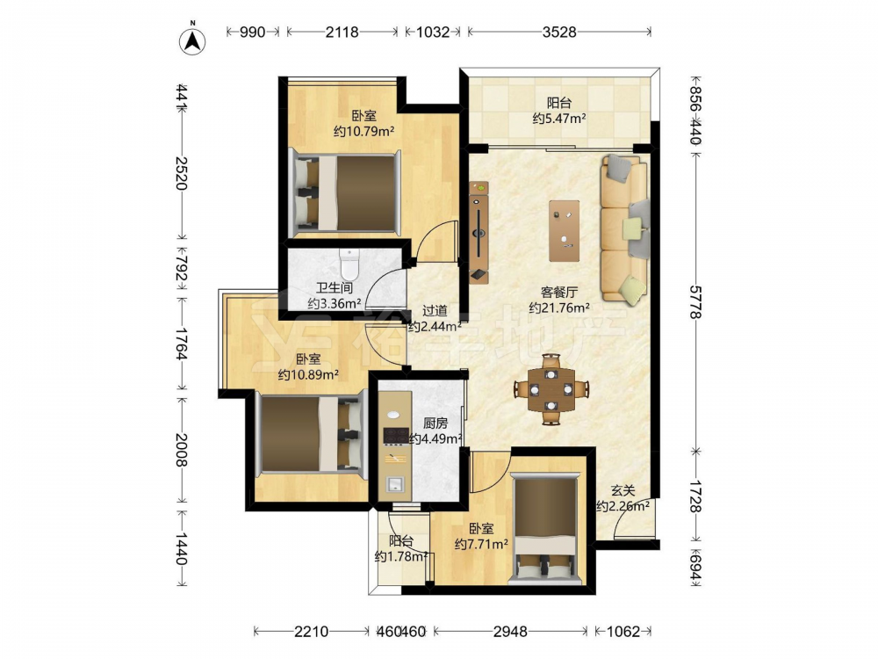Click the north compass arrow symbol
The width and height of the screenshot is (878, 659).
tap(192, 41)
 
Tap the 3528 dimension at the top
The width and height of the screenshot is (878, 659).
tap(558, 32)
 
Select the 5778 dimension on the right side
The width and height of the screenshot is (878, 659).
tap(694, 302)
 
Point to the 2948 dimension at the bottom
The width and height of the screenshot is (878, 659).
tap(510, 632)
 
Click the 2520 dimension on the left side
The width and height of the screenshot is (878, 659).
tap(181, 172)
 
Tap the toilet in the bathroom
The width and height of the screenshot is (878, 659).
tap(349, 264)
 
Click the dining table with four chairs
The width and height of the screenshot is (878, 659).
tap(551, 389)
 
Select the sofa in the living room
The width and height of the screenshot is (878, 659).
tap(625, 228)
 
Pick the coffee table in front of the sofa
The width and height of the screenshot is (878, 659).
tap(565, 231)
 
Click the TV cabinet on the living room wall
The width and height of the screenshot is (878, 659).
tap(479, 231)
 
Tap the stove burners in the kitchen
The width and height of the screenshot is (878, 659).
tap(396, 436)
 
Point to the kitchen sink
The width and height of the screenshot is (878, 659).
tap(395, 483)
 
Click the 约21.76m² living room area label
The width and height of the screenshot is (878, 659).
tap(559, 308)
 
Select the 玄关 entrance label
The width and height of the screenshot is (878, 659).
tap(623, 491)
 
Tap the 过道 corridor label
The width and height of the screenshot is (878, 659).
tap(435, 310)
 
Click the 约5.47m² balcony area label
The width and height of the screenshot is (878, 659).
tap(559, 119)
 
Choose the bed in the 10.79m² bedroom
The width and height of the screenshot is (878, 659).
tap(345, 192)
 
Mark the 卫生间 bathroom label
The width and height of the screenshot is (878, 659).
tap(335, 288)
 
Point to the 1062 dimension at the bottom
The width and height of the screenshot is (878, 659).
tap(623, 632)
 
